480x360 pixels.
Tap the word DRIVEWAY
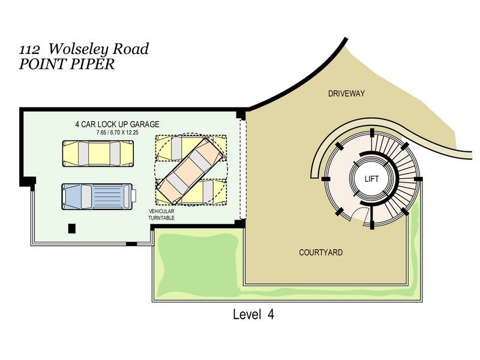coord(346,94)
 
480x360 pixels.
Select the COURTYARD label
coord(321,253)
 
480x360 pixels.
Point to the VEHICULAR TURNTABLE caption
coord(161,215)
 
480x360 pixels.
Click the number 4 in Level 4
coord(271,314)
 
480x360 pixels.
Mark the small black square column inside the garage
coord(72,228)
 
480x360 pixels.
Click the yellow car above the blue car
coord(98,152)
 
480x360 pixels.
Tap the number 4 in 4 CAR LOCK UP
coord(77,124)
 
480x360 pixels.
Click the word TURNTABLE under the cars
coord(161,218)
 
